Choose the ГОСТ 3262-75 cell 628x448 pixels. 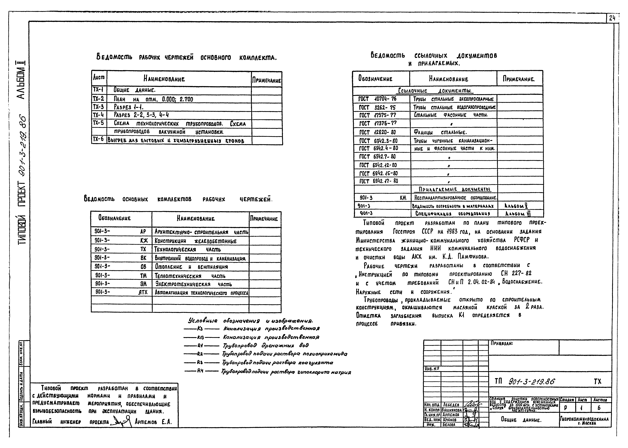(378, 107)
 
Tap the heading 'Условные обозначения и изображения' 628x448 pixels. (250, 321)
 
